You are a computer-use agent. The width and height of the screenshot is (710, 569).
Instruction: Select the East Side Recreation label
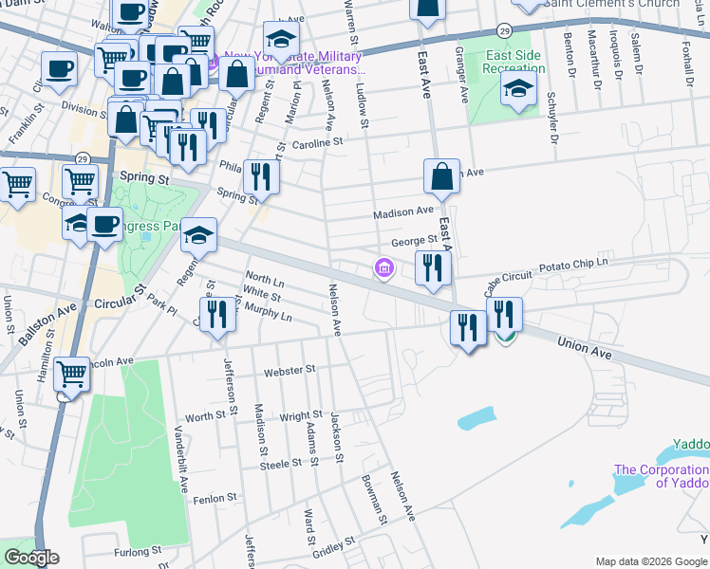(514, 64)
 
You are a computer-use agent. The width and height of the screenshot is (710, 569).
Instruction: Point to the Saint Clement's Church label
(618, 4)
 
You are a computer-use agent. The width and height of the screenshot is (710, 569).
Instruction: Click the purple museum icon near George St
(383, 269)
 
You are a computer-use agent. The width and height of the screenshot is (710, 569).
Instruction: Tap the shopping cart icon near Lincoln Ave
(72, 376)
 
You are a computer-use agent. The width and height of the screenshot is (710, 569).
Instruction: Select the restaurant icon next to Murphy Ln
(217, 314)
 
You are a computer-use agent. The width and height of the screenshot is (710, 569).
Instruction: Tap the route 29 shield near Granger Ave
(506, 32)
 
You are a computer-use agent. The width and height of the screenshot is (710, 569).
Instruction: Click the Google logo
(31, 558)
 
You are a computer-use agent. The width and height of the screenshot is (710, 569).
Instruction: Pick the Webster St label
(289, 370)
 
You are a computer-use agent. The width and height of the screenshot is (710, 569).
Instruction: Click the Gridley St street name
(333, 547)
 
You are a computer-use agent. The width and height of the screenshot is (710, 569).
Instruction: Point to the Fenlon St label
(215, 498)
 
